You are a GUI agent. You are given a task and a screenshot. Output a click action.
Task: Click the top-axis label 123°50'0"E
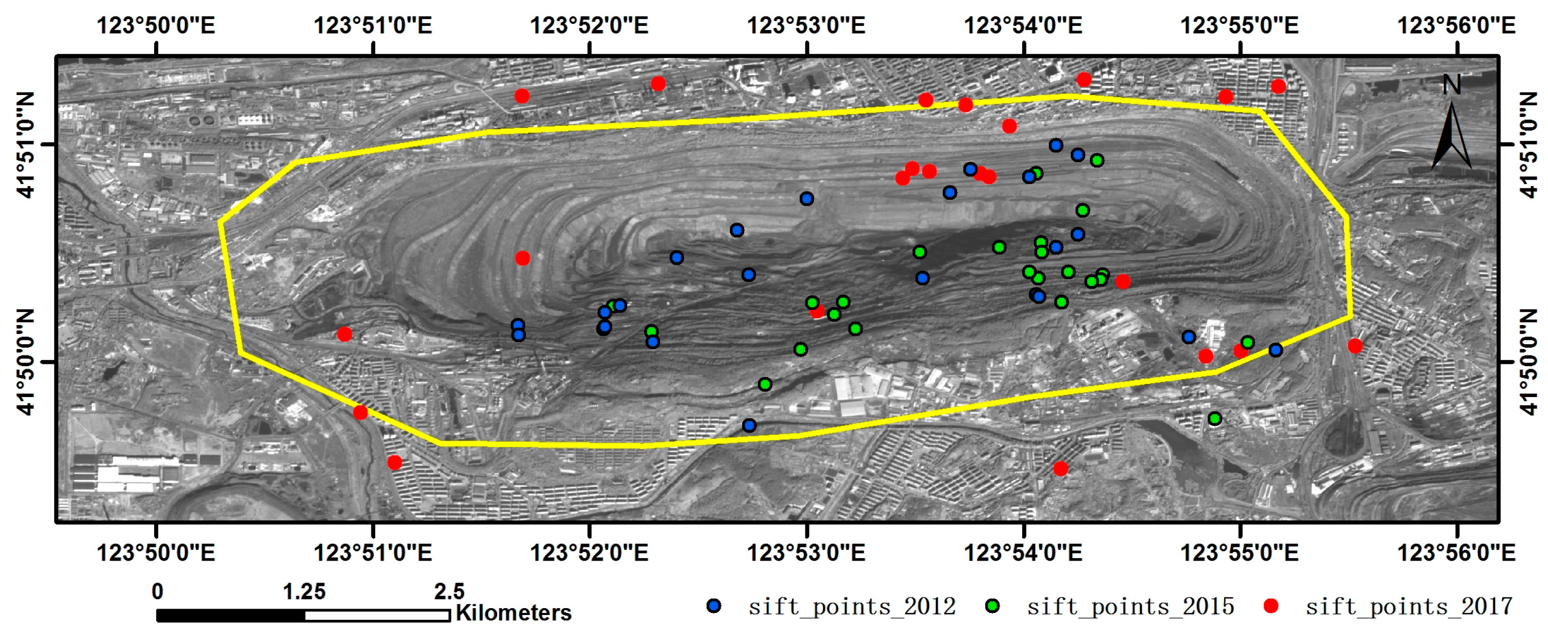click(156, 26)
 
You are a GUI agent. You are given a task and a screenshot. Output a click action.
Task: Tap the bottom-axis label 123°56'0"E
click(1456, 552)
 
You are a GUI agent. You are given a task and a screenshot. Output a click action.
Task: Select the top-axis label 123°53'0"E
click(806, 26)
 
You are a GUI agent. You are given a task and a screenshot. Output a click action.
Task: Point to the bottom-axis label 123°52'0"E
click(589, 552)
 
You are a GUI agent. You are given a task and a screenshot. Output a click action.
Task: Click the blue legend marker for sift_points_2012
click(714, 606)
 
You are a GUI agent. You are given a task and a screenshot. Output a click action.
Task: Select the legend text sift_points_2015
click(1130, 606)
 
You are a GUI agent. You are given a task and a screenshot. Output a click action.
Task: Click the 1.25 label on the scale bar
click(304, 591)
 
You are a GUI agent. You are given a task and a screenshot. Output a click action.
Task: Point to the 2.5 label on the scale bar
click(450, 591)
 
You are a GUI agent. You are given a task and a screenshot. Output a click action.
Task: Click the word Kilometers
click(514, 613)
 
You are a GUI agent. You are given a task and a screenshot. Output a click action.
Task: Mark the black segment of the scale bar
click(231, 615)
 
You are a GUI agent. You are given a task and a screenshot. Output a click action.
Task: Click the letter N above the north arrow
click(1451, 85)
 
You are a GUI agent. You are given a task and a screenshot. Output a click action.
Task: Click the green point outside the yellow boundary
click(1214, 419)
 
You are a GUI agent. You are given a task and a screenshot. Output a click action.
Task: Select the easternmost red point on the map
click(1354, 346)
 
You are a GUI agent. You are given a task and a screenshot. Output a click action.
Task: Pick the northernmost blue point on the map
click(1056, 145)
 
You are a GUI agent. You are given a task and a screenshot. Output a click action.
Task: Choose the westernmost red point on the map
click(344, 334)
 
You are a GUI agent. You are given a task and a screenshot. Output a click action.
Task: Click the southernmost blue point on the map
click(749, 425)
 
